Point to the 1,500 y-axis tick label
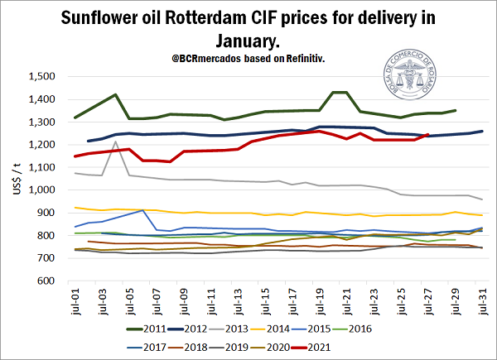click(x=40, y=77)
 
